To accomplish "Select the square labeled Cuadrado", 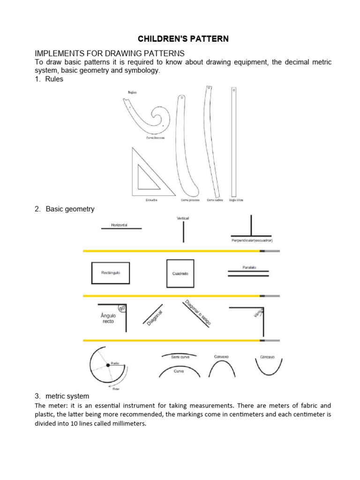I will click(180, 273).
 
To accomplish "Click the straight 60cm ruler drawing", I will click(234, 141).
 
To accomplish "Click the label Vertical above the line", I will click(183, 218).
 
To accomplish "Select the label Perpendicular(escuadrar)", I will click(252, 240).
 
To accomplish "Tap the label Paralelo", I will click(249, 268).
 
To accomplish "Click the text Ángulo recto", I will click(108, 318).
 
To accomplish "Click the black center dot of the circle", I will click(108, 365).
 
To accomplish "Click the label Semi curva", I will click(180, 357).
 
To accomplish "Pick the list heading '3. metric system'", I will click(62, 396).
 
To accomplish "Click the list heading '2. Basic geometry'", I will click(65, 209).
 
